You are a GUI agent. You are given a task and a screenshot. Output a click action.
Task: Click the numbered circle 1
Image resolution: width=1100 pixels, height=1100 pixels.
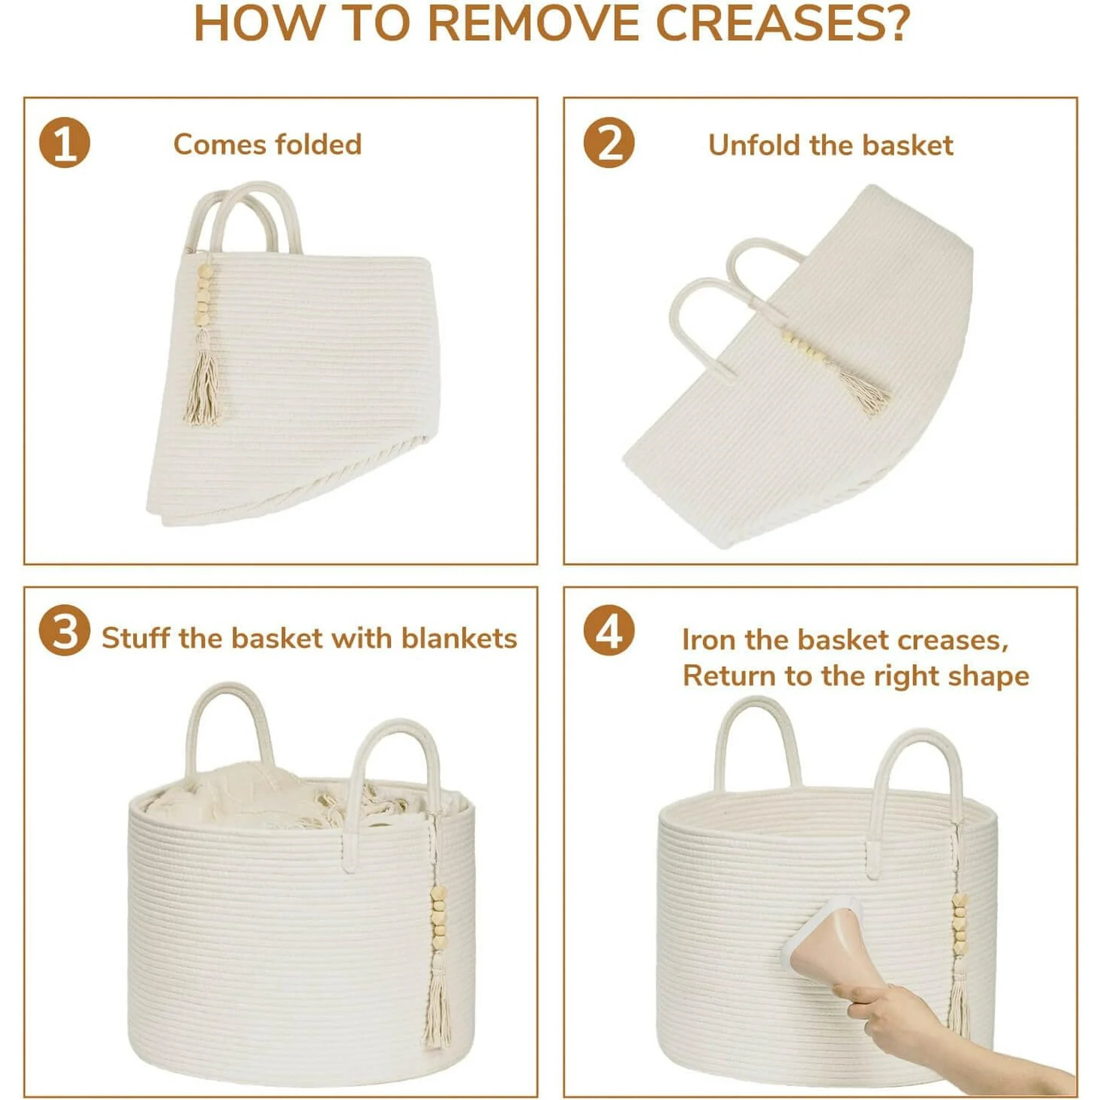click(64, 142)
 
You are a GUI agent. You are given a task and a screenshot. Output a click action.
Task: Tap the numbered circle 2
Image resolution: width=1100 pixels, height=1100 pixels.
click(609, 142)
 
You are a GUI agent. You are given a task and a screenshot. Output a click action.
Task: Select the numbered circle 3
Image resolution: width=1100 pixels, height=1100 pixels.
click(64, 630)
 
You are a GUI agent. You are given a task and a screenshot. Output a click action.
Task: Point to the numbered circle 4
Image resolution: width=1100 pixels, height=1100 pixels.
click(609, 630)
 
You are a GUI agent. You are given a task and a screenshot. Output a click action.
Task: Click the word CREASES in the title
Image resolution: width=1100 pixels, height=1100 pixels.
click(780, 23)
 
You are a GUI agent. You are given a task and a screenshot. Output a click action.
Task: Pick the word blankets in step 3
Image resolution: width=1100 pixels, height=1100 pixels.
click(459, 638)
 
